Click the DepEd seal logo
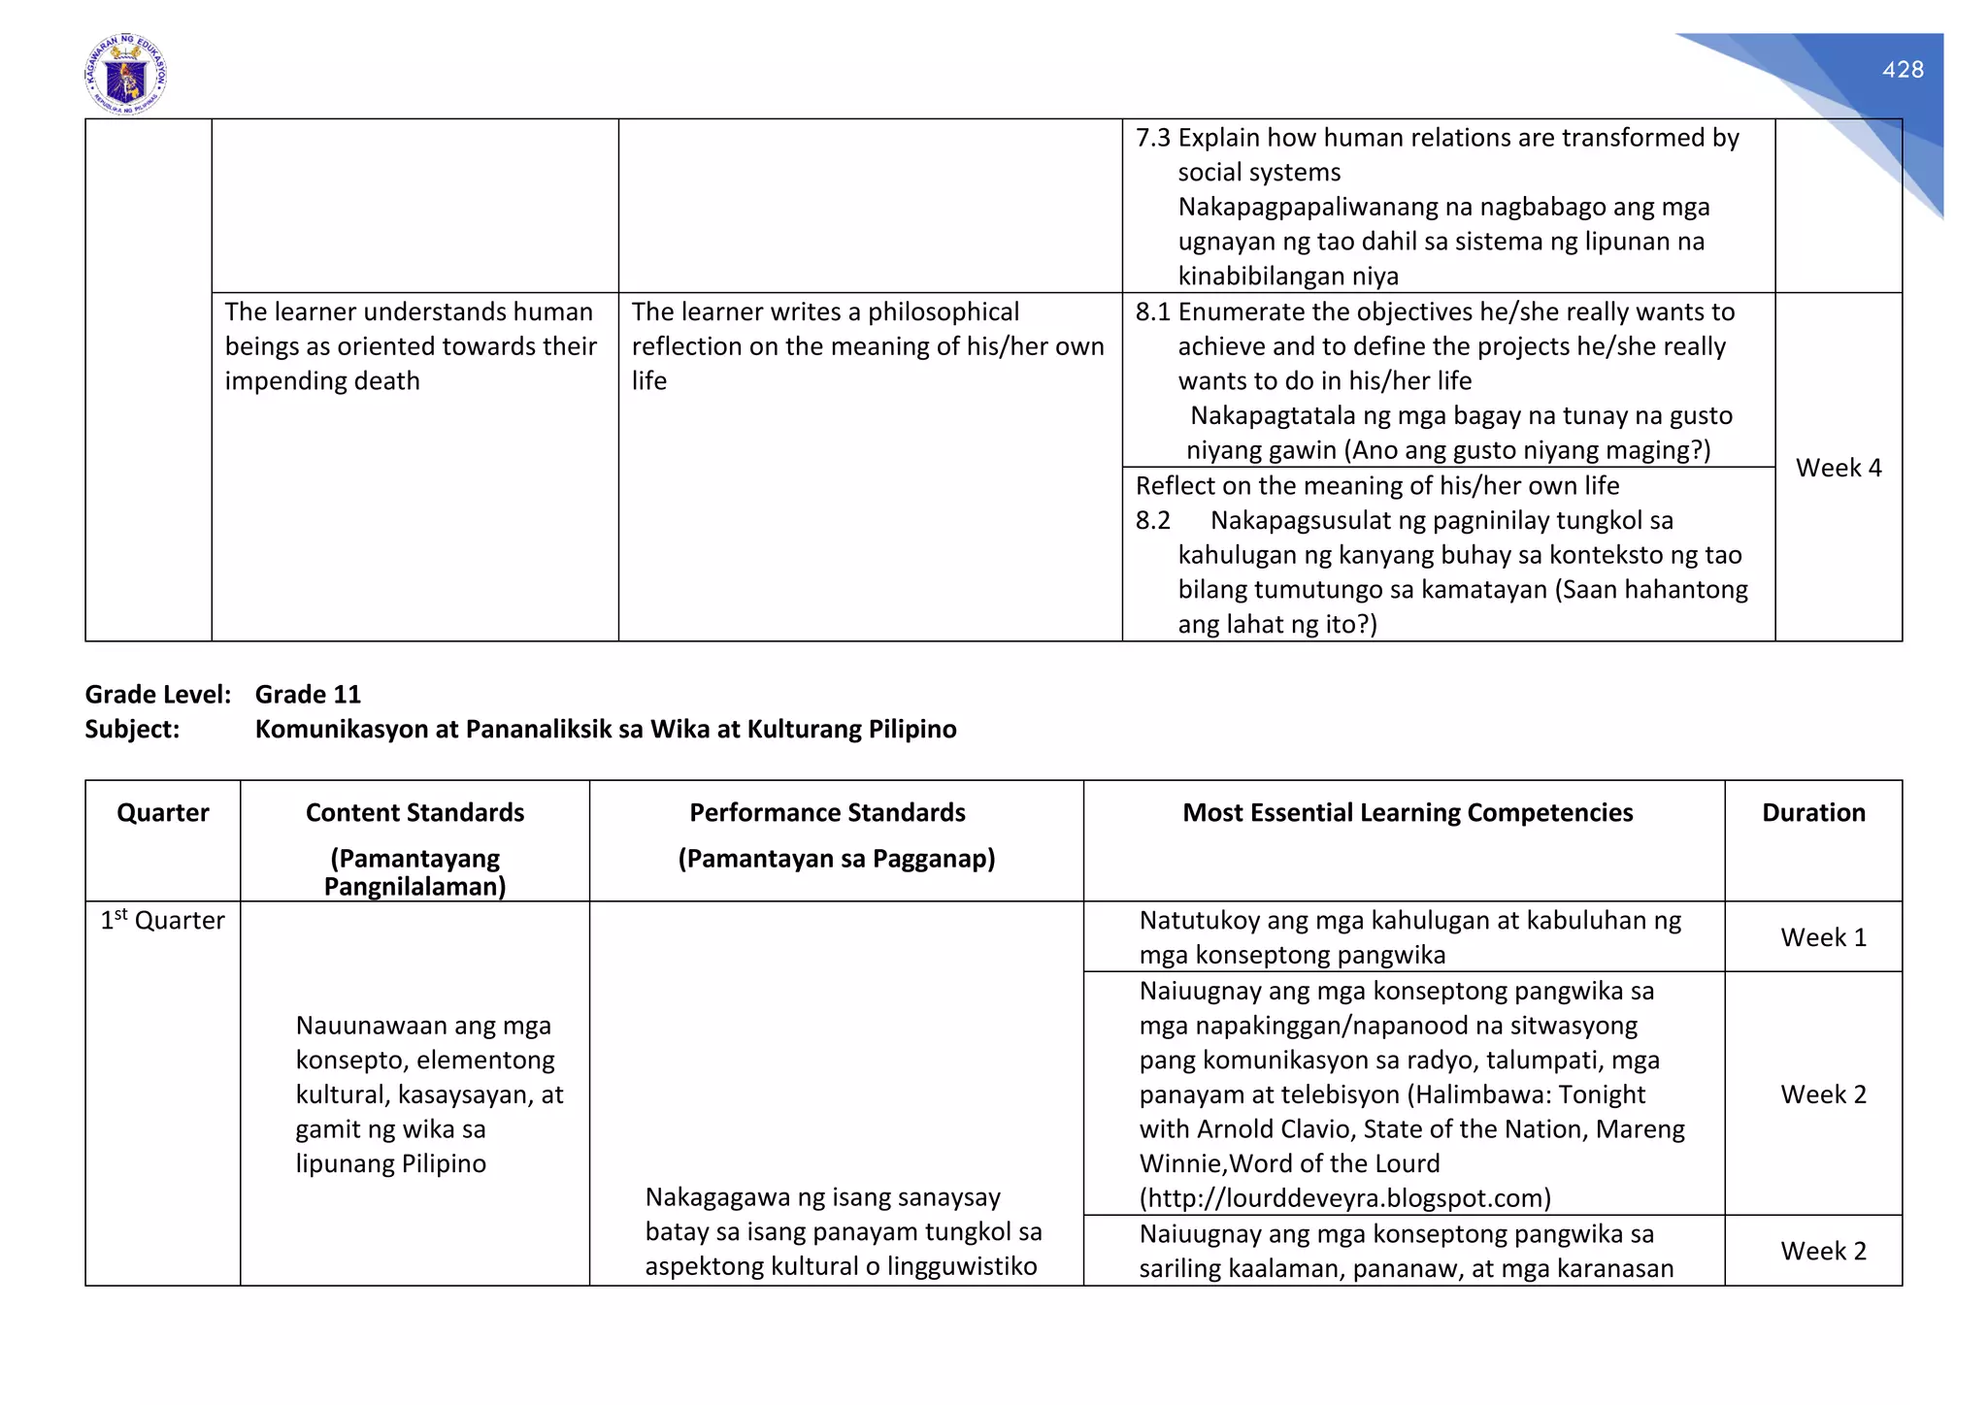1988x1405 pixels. (x=126, y=75)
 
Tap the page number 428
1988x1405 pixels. (x=1902, y=70)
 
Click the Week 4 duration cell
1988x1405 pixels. (x=1838, y=468)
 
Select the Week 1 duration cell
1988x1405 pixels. (x=1822, y=937)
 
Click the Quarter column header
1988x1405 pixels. (x=162, y=813)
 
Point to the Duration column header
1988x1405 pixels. (x=1812, y=813)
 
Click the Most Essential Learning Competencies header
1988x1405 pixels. (x=1407, y=813)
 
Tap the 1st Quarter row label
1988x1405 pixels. (x=162, y=921)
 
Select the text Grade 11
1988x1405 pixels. (x=308, y=695)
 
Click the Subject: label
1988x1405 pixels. (x=132, y=730)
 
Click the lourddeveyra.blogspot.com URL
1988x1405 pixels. (x=1344, y=1198)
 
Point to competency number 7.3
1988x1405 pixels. (x=1153, y=139)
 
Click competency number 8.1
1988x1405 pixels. (x=1153, y=312)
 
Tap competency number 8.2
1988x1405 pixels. (x=1153, y=521)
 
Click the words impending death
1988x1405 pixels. (x=322, y=381)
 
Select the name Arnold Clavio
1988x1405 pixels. (x=1276, y=1129)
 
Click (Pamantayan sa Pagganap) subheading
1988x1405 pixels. (x=836, y=859)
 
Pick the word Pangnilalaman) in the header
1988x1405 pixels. (x=414, y=887)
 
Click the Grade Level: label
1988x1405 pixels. (x=157, y=695)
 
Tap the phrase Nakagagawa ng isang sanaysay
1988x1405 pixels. (x=822, y=1197)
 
